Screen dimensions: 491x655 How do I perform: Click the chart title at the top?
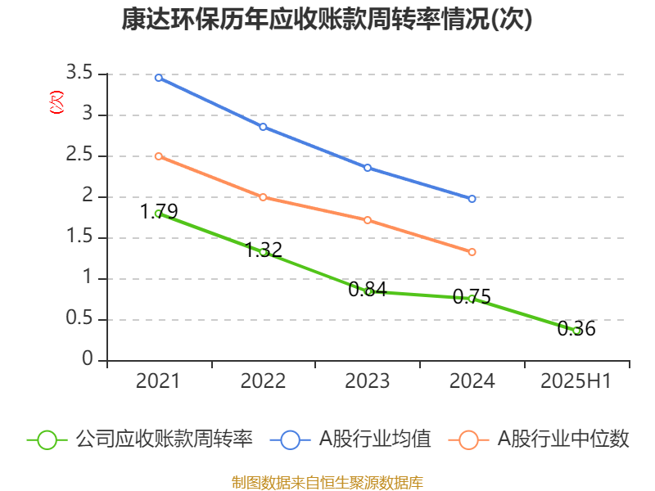click(327, 20)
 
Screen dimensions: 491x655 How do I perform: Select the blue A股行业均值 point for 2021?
click(158, 78)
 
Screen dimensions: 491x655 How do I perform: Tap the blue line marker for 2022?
click(263, 127)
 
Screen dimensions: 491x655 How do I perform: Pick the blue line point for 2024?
click(472, 199)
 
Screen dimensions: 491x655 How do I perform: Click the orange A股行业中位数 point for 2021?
click(158, 156)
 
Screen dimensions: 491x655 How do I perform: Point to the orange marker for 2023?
click(368, 220)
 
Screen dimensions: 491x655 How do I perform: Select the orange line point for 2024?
click(472, 252)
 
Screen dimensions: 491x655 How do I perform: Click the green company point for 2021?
click(158, 214)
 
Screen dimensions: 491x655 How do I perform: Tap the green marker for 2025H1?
click(577, 331)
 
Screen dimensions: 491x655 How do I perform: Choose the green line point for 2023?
click(368, 291)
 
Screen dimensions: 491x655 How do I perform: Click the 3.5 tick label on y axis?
click(82, 74)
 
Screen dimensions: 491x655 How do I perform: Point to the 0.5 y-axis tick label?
click(82, 320)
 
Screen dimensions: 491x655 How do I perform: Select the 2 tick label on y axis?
click(88, 197)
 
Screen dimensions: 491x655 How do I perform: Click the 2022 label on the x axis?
click(263, 381)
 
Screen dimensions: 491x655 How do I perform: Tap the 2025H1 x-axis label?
click(577, 381)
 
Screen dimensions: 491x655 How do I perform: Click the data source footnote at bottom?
click(327, 482)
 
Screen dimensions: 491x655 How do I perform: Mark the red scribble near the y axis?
click(56, 102)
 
